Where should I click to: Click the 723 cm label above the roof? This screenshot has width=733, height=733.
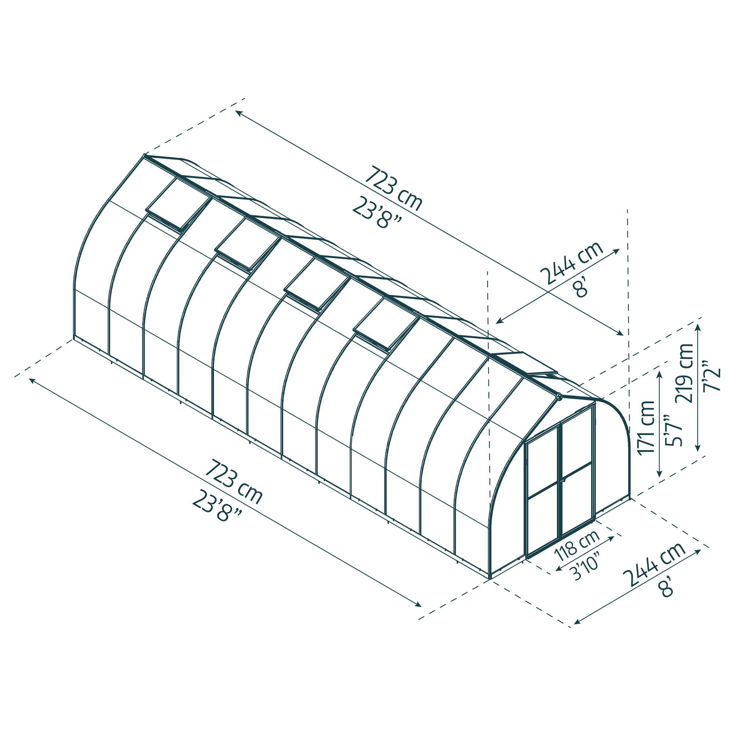tap(393, 188)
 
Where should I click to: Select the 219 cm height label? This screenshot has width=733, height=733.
tap(685, 373)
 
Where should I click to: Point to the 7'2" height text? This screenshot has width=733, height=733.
tap(710, 376)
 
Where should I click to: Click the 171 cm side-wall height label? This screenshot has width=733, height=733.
tap(647, 428)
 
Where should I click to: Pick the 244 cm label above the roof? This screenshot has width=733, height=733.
tap(571, 262)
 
